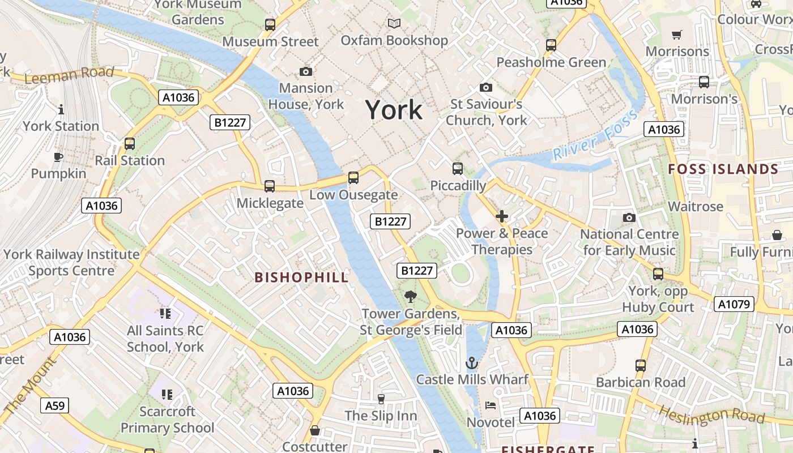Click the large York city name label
pyautogui.click(x=394, y=109)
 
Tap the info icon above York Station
pyautogui.click(x=61, y=109)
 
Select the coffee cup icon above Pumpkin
pyautogui.click(x=58, y=157)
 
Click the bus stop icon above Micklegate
pyautogui.click(x=270, y=186)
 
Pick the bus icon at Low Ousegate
pyautogui.click(x=353, y=178)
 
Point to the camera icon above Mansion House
pyautogui.click(x=306, y=71)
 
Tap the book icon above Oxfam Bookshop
pyautogui.click(x=394, y=23)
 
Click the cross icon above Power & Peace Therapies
pyautogui.click(x=502, y=216)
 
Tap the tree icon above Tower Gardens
pyautogui.click(x=411, y=296)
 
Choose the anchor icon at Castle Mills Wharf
pyautogui.click(x=472, y=362)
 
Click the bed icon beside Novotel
pyautogui.click(x=491, y=405)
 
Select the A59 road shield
pyautogui.click(x=55, y=405)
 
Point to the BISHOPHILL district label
pyautogui.click(x=301, y=277)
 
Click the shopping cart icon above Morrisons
pyautogui.click(x=676, y=35)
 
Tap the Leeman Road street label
pyautogui.click(x=69, y=75)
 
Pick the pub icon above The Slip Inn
pyautogui.click(x=381, y=399)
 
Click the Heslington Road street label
pyautogui.click(x=712, y=416)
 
